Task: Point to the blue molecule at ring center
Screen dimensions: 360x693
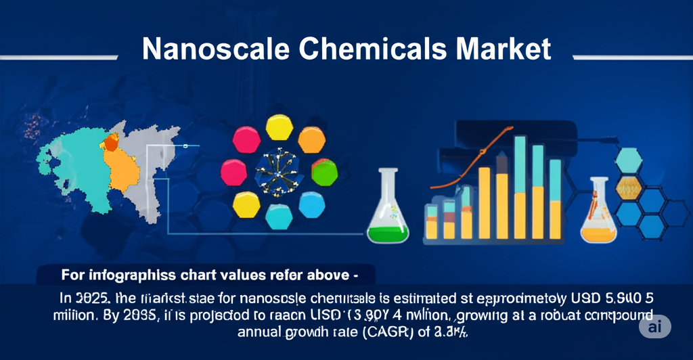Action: point(278,171)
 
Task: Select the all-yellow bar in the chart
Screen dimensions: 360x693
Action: point(485,203)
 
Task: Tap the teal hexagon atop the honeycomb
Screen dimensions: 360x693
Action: point(629,160)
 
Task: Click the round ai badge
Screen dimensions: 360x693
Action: point(654,326)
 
